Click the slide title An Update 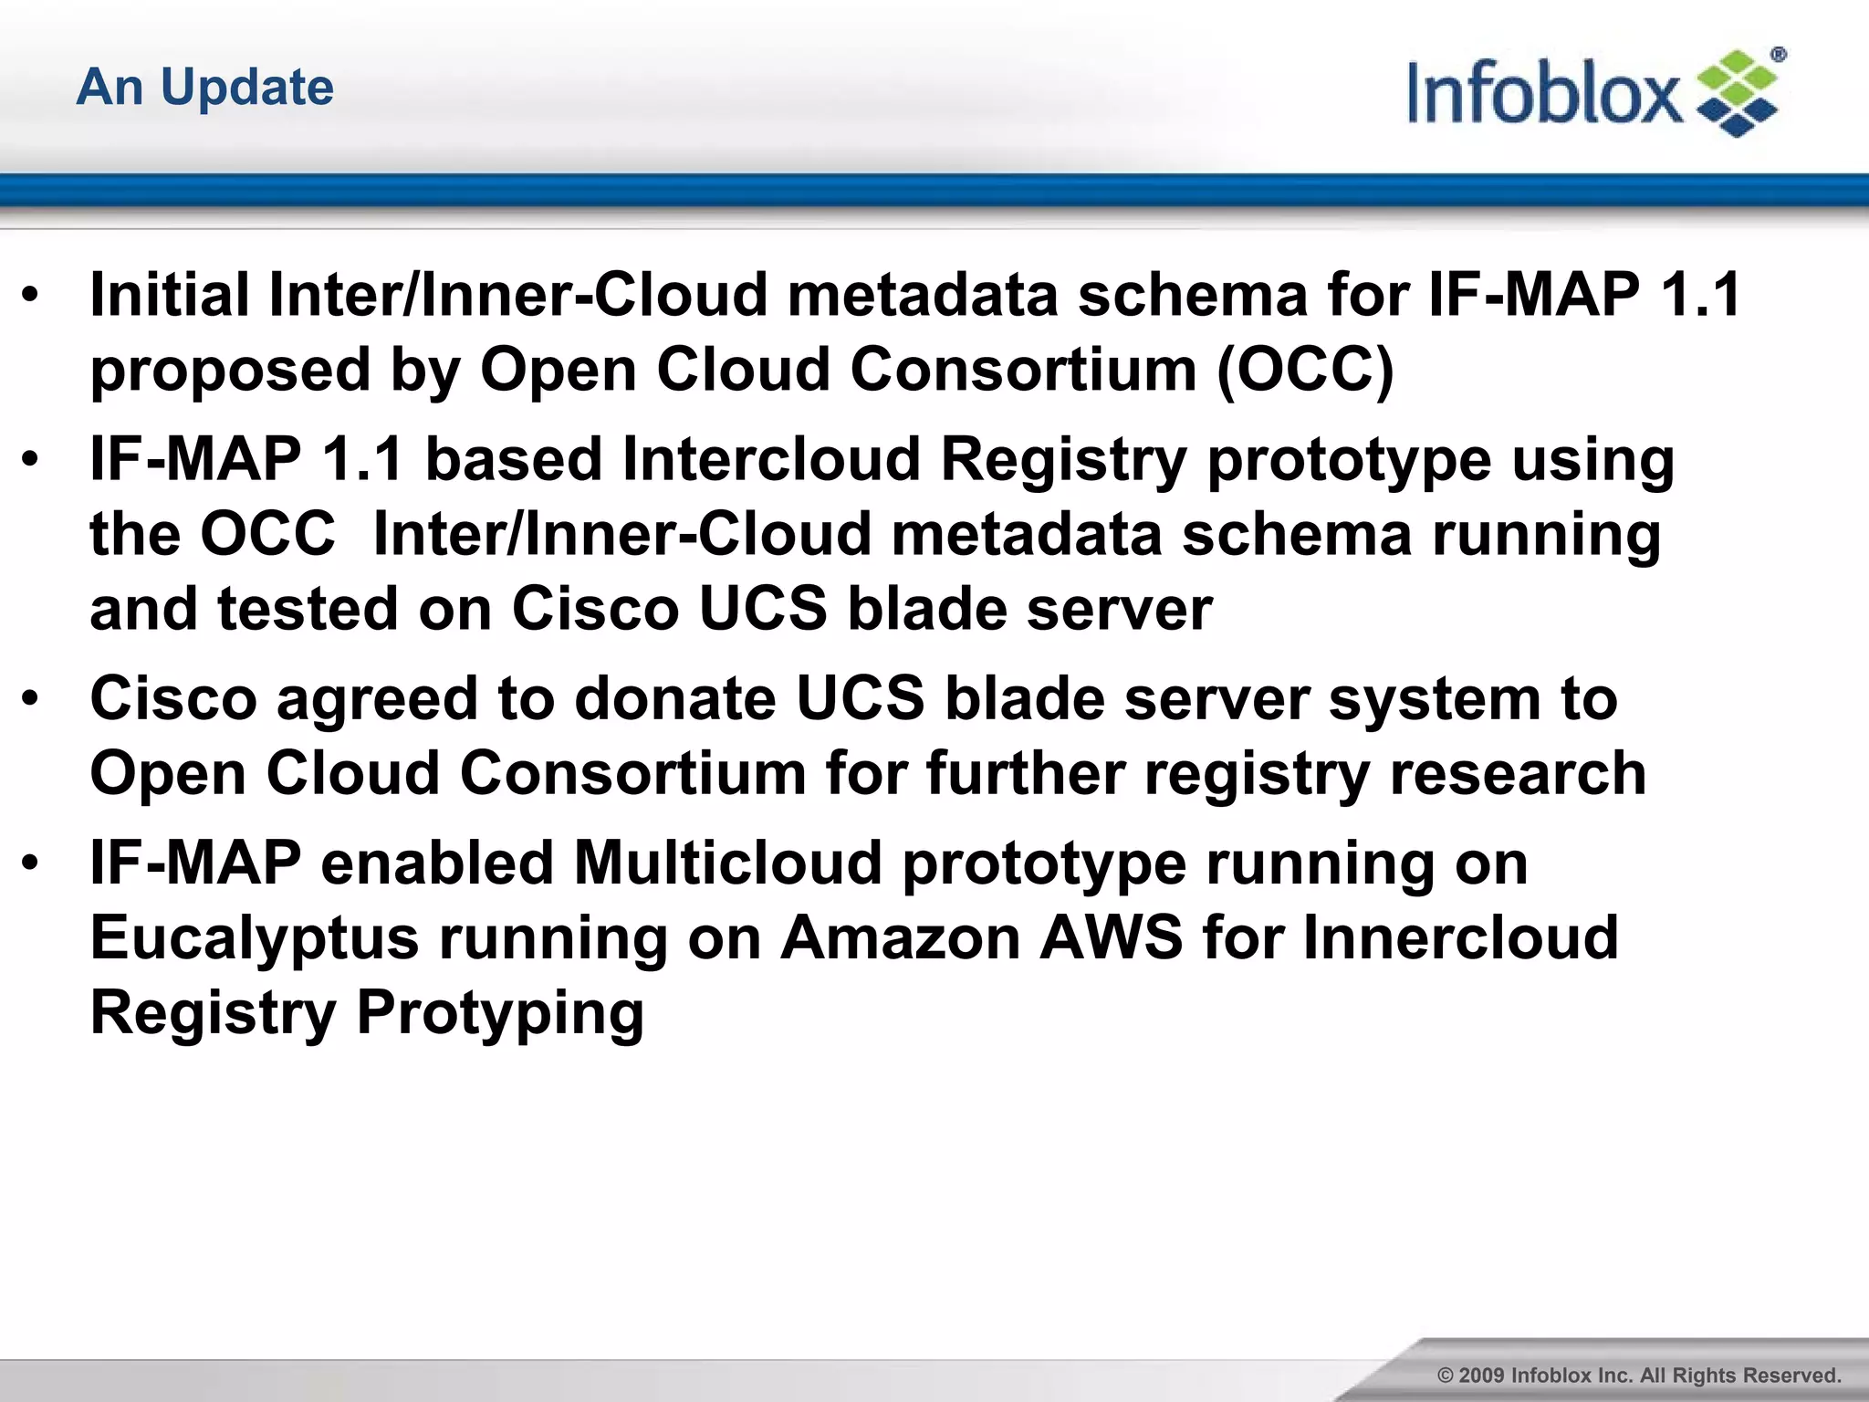205,88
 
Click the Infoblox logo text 1542,93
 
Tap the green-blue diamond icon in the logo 1737,94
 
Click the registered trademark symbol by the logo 1778,55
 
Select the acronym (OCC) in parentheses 1305,370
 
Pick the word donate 674,698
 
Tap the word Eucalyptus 254,938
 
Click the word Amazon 900,938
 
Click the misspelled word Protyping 500,1013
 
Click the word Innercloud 1459,938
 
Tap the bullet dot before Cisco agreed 31,698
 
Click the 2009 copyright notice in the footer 1638,1375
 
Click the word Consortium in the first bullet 1022,370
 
